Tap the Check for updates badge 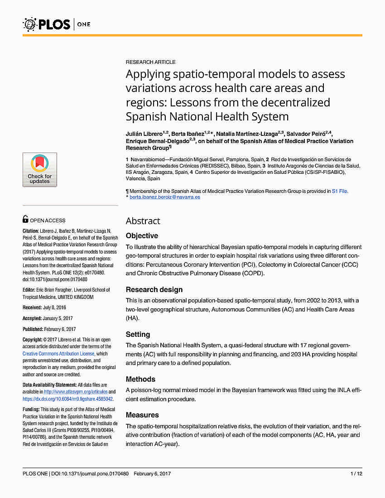coord(40,170)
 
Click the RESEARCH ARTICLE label coord(150,62)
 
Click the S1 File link coord(339,191)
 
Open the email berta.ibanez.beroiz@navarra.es coord(164,197)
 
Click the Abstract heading coord(143,221)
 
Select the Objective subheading coord(142,236)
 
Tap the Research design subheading coord(154,290)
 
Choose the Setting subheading coord(138,335)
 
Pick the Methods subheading coord(140,379)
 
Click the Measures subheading coord(142,415)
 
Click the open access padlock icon coord(25,220)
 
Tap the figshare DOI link coord(68,399)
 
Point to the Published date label coord(35,329)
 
